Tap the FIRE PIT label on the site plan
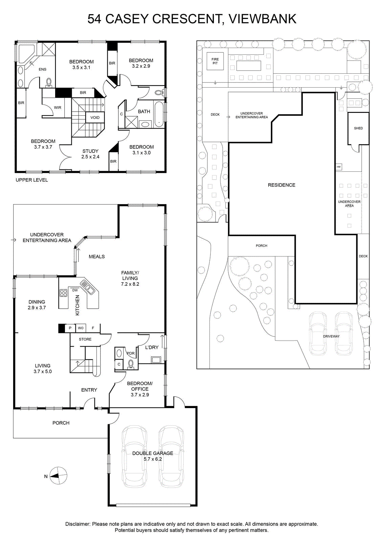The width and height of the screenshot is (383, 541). [215, 61]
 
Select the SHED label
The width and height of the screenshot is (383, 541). [358, 128]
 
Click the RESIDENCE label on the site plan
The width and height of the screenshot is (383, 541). [281, 185]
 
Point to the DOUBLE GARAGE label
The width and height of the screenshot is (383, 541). [153, 453]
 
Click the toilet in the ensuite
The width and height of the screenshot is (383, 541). [49, 82]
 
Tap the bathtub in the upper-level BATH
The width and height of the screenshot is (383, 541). [159, 114]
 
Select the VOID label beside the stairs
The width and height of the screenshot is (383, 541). [95, 118]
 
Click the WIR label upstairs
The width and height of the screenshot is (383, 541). [58, 108]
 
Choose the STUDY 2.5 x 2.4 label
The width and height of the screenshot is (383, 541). [90, 154]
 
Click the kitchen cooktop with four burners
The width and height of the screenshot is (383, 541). [63, 293]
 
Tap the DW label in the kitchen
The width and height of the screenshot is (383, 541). [75, 290]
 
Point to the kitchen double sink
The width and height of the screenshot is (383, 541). [88, 287]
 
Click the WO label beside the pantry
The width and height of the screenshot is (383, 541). [81, 328]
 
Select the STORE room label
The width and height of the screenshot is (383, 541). [85, 339]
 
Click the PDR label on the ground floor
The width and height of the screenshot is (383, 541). [131, 353]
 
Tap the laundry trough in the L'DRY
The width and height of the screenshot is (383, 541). [156, 360]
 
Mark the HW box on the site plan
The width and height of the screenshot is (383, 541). [339, 167]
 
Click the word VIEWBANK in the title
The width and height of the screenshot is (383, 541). [263, 19]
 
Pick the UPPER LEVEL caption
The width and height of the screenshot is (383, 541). [32, 180]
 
